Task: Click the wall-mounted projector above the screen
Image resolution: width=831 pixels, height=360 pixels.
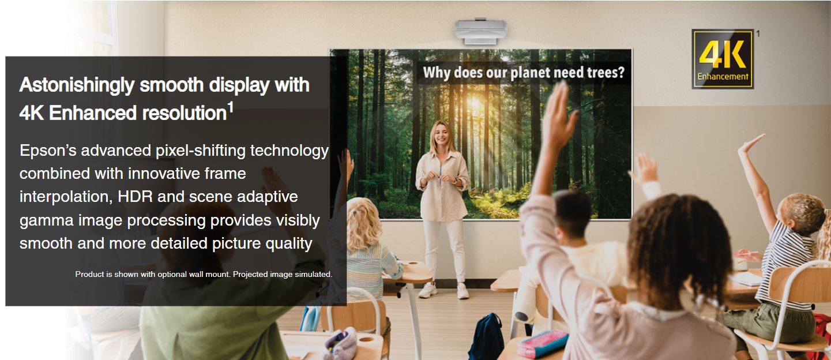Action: (481, 32)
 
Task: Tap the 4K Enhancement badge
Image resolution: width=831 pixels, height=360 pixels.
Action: (723, 59)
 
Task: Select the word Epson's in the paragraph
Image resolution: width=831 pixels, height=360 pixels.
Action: (48, 151)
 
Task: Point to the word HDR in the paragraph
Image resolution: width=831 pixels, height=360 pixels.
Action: (134, 197)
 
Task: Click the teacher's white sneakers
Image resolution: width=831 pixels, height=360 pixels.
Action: (443, 290)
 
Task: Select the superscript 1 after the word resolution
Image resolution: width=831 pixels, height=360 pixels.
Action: (230, 108)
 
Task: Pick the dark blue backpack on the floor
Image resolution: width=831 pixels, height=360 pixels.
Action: (487, 337)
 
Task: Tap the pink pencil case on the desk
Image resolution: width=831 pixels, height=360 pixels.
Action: (542, 344)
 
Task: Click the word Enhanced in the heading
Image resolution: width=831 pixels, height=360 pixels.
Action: (93, 113)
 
